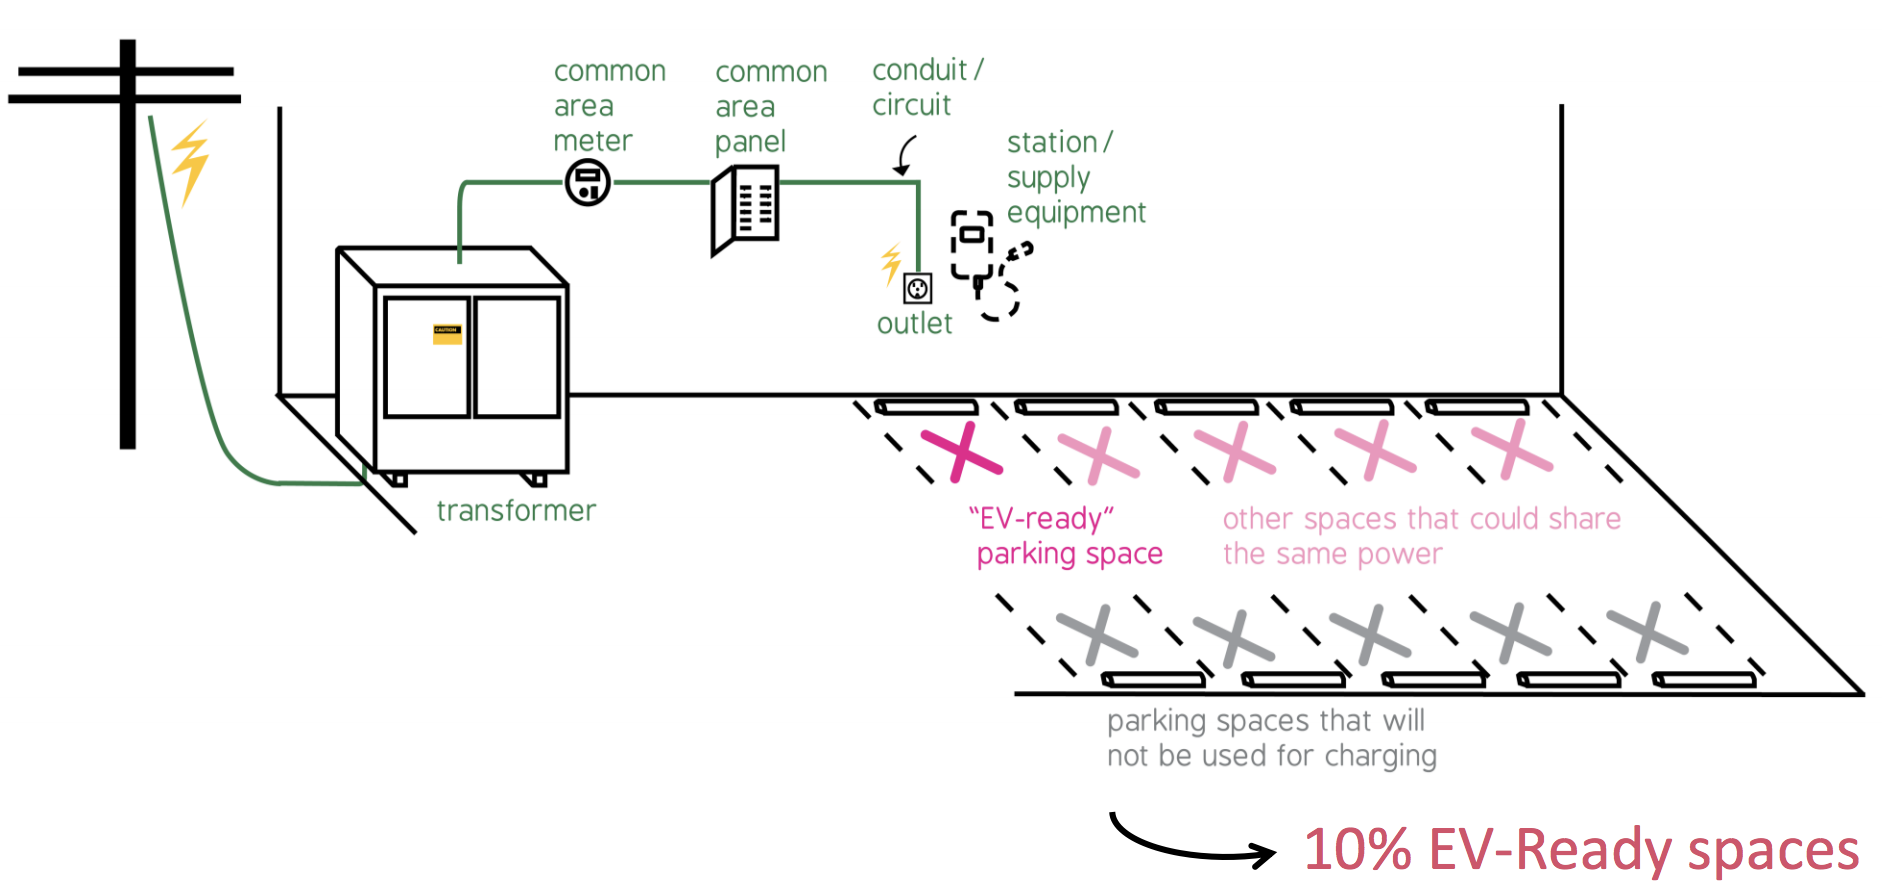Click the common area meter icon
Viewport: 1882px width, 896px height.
coord(588,183)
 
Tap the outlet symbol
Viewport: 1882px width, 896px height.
coord(917,288)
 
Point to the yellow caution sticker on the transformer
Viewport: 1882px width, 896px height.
coord(447,334)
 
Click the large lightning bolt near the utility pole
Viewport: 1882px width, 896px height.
coord(189,162)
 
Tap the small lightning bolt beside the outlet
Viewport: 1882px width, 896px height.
coord(890,264)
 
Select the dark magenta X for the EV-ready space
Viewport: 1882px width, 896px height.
coord(961,452)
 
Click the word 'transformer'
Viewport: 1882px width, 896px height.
coord(516,511)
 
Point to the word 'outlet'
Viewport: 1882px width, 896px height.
coord(914,324)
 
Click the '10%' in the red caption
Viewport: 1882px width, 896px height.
coord(1357,850)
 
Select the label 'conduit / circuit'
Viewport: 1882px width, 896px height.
coord(925,88)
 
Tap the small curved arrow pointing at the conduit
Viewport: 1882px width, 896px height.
coord(905,156)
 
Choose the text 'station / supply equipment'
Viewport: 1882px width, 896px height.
coord(1075,178)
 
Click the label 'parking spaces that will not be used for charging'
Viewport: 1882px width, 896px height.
coord(1271,738)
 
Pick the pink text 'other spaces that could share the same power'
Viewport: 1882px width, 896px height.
coord(1420,536)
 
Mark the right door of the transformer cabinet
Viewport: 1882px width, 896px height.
coord(516,356)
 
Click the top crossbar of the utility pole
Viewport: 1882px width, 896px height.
coord(126,71)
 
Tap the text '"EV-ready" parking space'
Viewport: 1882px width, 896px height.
coord(1066,536)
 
